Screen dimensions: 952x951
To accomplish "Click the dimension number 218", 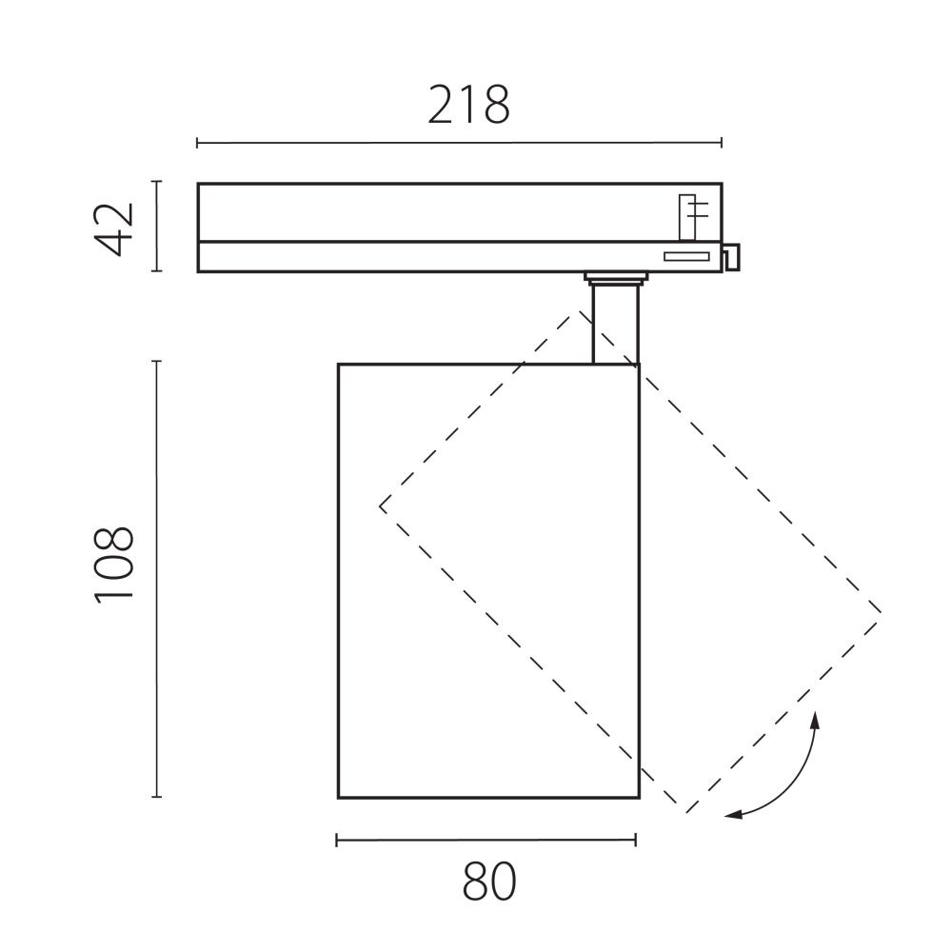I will coord(468,105).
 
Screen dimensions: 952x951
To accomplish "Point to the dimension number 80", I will coord(489,883).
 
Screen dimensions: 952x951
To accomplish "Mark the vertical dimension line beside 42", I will coord(158,227).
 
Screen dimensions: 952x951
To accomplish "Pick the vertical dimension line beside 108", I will coord(157,579).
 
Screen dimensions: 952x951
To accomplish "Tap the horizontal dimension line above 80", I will coord(486,840).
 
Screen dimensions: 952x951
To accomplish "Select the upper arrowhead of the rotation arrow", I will coord(815,719).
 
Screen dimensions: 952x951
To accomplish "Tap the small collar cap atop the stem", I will coord(616,278).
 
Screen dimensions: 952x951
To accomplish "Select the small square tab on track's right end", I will coord(731,257).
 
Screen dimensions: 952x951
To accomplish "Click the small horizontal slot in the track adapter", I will coord(685,255).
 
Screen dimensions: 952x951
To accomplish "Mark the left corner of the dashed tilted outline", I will coord(381,506).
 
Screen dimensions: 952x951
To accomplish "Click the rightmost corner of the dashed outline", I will coord(881,611).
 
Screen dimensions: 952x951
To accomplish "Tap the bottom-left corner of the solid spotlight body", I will coord(339,797).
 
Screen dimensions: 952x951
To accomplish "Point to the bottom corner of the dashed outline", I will coord(687,814).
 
